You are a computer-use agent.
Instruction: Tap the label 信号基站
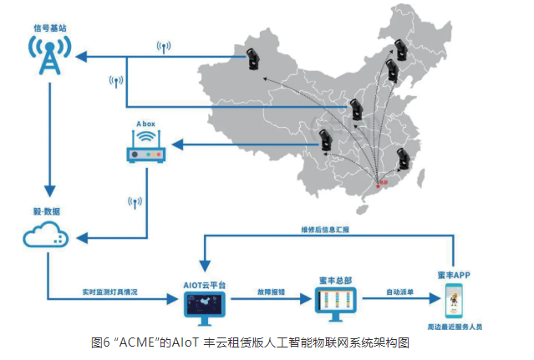(x=48, y=27)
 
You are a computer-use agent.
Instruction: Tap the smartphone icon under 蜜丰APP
(x=454, y=302)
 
